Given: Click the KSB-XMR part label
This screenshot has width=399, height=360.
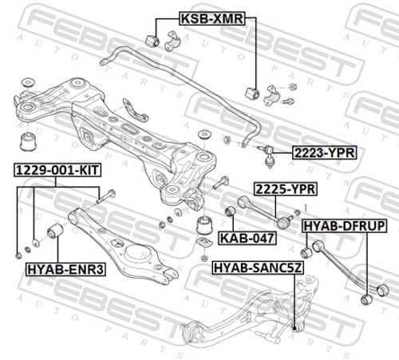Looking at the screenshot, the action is (211, 18).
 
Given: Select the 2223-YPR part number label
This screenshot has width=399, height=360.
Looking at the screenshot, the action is (324, 152).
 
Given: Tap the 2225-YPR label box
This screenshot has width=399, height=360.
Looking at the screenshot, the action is (286, 189).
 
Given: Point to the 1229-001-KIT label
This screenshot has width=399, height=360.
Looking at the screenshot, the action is (57, 170).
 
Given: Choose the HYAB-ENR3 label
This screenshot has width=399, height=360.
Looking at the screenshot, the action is (65, 269).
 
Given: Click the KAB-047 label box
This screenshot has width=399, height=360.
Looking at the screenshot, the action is (247, 238).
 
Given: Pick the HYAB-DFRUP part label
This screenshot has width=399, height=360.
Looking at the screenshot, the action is (344, 226).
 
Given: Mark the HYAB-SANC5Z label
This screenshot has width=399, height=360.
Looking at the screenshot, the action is (258, 267).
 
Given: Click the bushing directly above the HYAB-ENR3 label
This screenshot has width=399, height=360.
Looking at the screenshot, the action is (55, 231).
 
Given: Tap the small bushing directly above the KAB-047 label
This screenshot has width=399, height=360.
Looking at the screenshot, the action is (231, 211).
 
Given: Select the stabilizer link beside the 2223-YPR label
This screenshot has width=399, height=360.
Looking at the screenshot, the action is (269, 156).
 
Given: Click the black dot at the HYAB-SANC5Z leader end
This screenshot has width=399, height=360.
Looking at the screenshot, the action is (294, 328).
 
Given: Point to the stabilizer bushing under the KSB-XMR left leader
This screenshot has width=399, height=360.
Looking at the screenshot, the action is (152, 40).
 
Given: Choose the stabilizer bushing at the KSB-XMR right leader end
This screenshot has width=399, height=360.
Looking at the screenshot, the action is (251, 93).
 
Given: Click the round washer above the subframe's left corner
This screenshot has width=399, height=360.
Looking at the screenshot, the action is (28, 82).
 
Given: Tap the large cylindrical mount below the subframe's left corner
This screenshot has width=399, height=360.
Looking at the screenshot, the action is (29, 141).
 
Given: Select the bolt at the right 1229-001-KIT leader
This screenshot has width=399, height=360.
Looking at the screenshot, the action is (105, 196).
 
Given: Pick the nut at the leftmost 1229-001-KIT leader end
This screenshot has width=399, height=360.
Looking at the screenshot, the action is (18, 255).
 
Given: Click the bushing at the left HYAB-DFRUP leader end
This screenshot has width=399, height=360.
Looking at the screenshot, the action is (306, 252).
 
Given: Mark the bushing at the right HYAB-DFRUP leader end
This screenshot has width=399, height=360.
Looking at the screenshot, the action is (367, 299).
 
